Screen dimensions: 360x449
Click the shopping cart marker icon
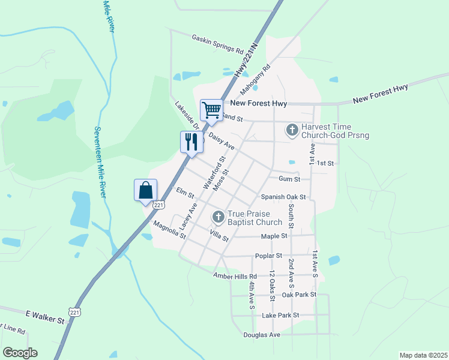[x=211, y=110]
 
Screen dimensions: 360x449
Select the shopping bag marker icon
[x=145, y=190]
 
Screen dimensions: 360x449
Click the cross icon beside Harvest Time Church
[x=292, y=130]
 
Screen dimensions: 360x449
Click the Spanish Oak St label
[x=283, y=197]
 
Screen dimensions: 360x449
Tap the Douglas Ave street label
[x=262, y=335]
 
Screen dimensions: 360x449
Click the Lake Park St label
[x=280, y=315]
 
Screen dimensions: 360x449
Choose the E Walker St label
[x=44, y=317]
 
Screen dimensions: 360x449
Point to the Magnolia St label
[x=169, y=230]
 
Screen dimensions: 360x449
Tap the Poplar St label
[x=268, y=256]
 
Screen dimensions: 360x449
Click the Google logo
[x=20, y=353]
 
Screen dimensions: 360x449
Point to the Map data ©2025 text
[x=423, y=355]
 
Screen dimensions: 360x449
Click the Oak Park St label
[x=299, y=295]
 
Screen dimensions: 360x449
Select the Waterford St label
[x=214, y=173]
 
